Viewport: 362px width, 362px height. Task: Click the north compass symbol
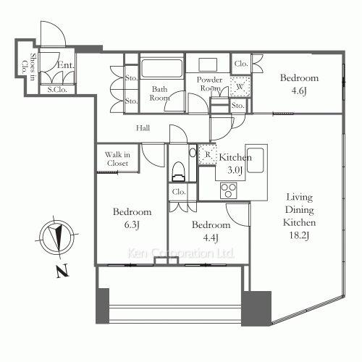pos(54,237)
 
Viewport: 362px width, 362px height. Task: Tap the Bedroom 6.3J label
pos(132,218)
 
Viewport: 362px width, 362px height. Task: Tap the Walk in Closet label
pos(117,159)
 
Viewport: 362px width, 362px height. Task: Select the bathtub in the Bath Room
pos(161,70)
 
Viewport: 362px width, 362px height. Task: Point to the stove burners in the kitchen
pos(229,190)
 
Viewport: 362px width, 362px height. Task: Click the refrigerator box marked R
pos(207,155)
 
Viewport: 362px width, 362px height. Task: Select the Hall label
pos(143,128)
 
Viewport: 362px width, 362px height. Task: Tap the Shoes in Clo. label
pos(29,69)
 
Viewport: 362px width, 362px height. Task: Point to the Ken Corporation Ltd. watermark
pos(181,253)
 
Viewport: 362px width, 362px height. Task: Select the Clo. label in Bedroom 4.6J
pos(241,64)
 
